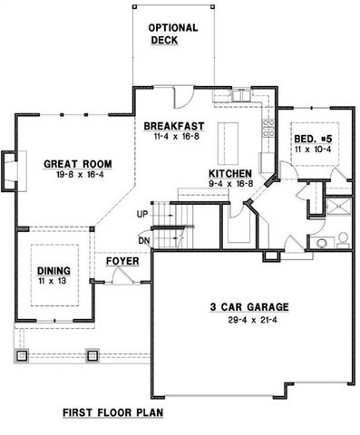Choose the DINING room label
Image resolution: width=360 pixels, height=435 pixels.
click(x=54, y=271)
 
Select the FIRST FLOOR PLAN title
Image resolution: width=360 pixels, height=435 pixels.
click(x=113, y=412)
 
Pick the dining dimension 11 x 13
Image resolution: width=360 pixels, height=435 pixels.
click(x=54, y=282)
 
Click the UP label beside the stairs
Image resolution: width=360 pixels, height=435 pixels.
click(x=141, y=216)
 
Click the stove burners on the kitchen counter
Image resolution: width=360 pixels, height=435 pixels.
click(x=268, y=130)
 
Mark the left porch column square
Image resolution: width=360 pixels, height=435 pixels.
click(x=24, y=354)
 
